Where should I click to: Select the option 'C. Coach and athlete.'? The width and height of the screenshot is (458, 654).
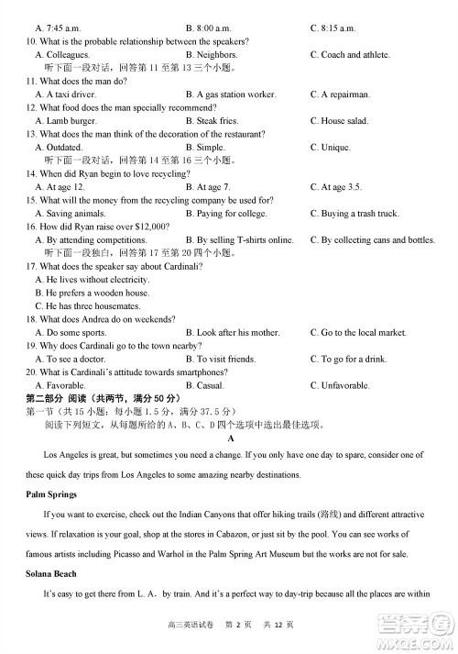point(349,55)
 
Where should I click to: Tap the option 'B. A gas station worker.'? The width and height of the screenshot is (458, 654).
point(230,94)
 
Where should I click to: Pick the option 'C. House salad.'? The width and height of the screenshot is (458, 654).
point(339,121)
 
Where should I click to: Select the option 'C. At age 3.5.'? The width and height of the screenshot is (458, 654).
point(335,187)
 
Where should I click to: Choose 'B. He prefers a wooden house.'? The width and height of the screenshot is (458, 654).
point(92,293)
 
